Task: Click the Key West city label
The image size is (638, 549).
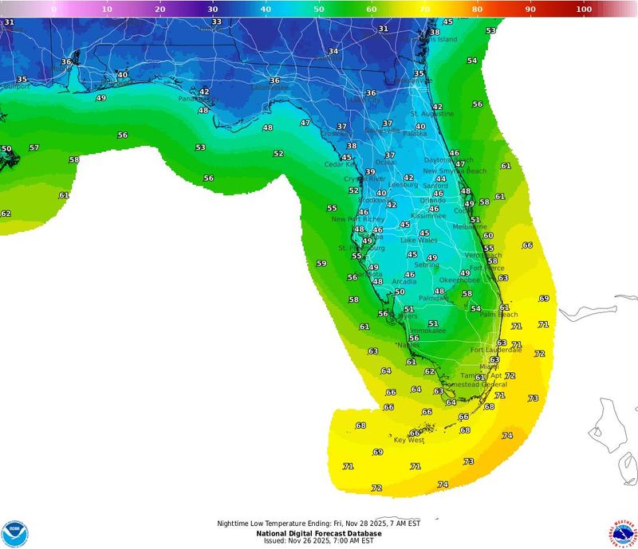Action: (409, 440)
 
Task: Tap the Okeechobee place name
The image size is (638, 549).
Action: (459, 280)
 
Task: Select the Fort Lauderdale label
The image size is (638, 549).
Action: (495, 350)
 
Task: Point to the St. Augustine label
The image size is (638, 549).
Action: (431, 114)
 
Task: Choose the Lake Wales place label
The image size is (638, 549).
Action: (419, 240)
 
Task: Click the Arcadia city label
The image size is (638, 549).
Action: (404, 281)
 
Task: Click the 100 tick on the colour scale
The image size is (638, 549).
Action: (583, 9)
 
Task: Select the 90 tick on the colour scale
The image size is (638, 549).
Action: (530, 9)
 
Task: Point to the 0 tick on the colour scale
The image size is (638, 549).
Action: (53, 9)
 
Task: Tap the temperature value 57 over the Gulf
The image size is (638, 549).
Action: (34, 148)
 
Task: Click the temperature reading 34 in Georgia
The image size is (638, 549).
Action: (333, 52)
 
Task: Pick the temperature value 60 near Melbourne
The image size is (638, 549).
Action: (488, 236)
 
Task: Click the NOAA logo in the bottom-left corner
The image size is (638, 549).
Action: (14, 533)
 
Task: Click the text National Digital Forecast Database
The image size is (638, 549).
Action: (318, 532)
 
